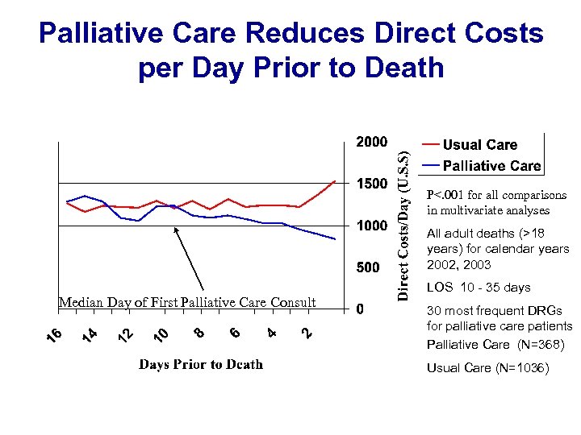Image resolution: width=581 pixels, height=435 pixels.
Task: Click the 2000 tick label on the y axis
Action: (372, 143)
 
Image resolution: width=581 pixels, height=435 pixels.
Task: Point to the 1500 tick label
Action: (372, 184)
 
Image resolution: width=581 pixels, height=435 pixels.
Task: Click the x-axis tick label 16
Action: (52, 333)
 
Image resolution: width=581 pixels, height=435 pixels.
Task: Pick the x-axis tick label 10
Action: (161, 333)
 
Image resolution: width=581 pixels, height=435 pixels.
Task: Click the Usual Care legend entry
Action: (479, 145)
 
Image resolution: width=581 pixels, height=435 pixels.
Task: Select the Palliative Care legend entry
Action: (491, 166)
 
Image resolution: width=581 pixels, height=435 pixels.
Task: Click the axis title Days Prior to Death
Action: (201, 365)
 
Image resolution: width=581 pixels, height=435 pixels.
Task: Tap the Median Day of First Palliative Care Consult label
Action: (187, 303)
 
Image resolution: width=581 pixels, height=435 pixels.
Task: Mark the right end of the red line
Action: (335, 181)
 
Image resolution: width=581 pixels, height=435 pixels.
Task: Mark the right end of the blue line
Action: (335, 239)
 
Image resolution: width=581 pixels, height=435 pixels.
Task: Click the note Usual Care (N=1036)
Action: (487, 368)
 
